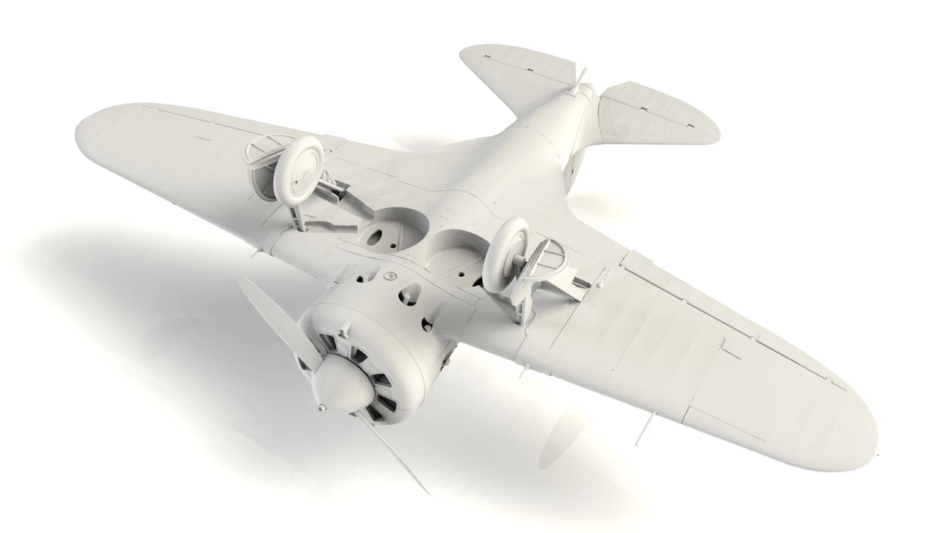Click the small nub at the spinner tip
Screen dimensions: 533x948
tap(321, 407)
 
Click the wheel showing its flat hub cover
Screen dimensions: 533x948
tap(305, 167)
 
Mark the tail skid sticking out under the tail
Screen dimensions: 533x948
tap(582, 78)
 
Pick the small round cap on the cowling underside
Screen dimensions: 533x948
tap(388, 276)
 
